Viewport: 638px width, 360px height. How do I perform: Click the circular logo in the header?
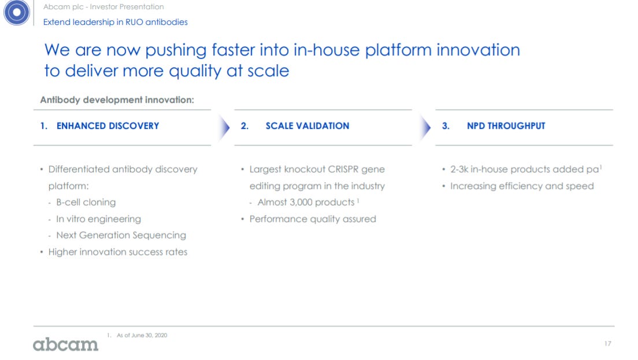(16, 12)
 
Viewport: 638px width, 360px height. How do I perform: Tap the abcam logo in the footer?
(65, 344)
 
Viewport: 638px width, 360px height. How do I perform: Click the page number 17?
(607, 344)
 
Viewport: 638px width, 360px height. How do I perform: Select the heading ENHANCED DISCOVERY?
(108, 126)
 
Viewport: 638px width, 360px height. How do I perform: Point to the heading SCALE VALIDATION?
(307, 126)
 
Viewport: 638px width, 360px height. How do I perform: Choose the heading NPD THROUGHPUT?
(506, 126)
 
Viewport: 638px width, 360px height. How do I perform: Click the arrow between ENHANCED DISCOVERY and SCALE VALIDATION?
(224, 128)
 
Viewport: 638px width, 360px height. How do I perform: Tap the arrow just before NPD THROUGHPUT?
(425, 128)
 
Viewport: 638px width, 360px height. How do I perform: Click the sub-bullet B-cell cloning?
(86, 202)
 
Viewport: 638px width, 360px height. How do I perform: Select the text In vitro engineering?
(98, 219)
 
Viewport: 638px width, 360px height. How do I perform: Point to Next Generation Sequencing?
(121, 235)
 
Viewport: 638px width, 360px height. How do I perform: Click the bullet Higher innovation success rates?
(117, 252)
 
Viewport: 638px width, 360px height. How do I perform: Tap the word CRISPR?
(343, 169)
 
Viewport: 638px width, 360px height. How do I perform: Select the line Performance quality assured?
(313, 219)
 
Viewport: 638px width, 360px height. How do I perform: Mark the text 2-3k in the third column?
(459, 169)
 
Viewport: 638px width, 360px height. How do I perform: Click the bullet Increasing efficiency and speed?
(522, 186)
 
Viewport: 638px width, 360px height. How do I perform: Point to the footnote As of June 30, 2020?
(142, 335)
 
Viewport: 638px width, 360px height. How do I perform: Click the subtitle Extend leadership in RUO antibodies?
(116, 22)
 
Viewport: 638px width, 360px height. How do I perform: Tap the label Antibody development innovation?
(117, 100)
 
